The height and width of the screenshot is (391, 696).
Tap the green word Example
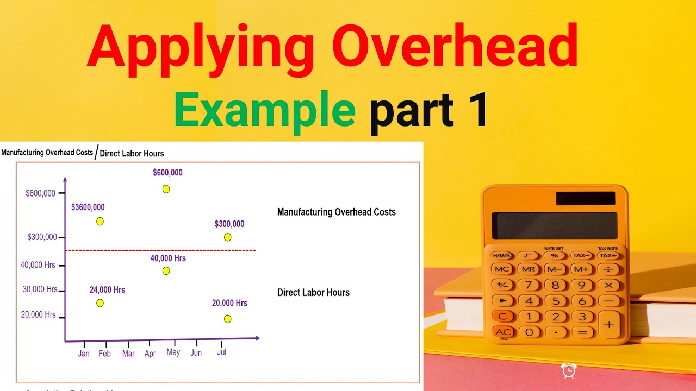[265, 110]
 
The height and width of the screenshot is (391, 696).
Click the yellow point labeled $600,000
[166, 189]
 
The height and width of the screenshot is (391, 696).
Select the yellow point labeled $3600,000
[100, 221]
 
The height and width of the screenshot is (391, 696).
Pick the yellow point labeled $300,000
[227, 237]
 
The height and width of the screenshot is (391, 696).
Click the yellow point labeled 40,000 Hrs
[166, 270]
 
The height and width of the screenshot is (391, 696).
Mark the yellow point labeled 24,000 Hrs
[100, 303]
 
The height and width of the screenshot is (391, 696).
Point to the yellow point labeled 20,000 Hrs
[227, 319]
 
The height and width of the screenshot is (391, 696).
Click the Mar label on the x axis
[128, 354]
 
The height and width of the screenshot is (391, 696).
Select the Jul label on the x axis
[221, 352]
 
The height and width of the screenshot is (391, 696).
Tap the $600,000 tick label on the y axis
[41, 193]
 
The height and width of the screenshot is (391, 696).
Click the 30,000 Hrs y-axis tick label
[40, 289]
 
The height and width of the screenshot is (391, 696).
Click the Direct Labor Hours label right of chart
[313, 293]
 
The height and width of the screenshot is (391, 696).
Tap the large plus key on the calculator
[609, 324]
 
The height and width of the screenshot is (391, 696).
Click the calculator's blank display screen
[554, 226]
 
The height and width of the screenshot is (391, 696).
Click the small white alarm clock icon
[569, 371]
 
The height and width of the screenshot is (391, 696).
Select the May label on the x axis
[173, 352]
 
